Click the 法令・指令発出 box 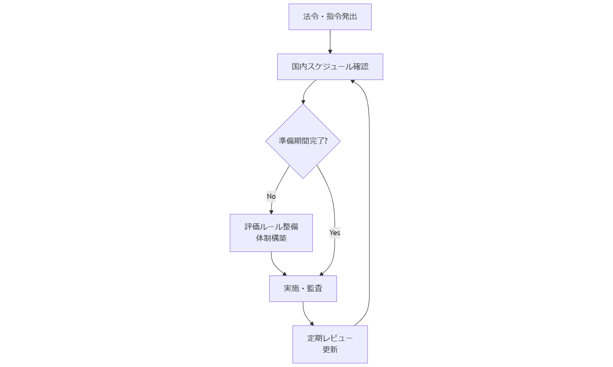click(330, 17)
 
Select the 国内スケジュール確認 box click(330, 67)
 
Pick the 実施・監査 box click(303, 288)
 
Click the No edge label click(271, 196)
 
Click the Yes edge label click(334, 233)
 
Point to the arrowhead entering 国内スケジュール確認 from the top click(330, 51)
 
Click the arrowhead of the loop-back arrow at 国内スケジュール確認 click(353, 81)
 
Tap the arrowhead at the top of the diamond click(303, 102)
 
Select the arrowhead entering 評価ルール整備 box click(271, 212)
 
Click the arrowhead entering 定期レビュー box click(312, 324)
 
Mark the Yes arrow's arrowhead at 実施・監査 click(321, 274)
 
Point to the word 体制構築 click(271, 238)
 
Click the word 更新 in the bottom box click(330, 349)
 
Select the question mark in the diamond click(326, 141)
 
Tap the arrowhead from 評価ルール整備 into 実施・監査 click(284, 274)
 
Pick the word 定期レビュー click(330, 338)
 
